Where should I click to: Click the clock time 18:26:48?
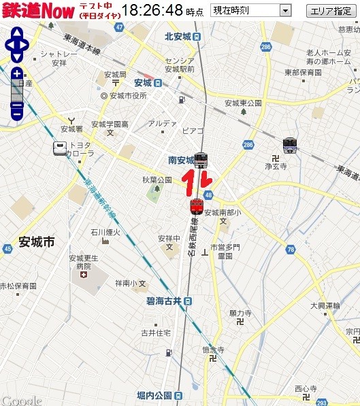pos(153,11)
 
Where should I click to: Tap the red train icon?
pos(197,205)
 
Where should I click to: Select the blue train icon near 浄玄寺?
pos(291,145)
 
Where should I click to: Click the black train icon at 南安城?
pos(201,160)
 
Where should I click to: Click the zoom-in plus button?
pos(17,73)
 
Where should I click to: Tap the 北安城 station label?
pos(180,37)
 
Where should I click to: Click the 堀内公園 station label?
pos(155,396)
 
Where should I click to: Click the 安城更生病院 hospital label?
pos(84,263)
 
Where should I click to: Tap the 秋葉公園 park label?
pos(157,180)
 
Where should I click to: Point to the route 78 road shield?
pos(291,250)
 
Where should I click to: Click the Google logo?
pos(22,400)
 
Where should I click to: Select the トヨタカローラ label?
pos(80,149)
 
